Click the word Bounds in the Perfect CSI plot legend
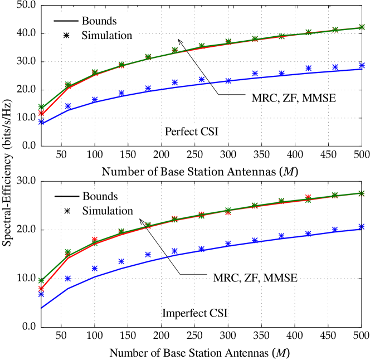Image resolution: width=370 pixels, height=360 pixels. coord(99,21)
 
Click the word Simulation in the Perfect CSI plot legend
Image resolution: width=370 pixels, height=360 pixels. coord(106,36)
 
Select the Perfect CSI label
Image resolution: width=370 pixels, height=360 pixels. coord(192,132)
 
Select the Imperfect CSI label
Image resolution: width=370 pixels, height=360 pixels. coord(195,313)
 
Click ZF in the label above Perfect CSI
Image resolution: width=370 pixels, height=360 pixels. coord(288,99)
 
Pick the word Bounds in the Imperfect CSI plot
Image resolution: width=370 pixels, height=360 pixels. coord(100,197)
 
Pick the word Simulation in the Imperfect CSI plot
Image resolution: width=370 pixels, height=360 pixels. coord(108,211)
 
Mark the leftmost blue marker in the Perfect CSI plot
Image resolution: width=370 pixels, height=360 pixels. coord(41,121)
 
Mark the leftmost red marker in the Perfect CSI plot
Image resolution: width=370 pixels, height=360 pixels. coord(41,113)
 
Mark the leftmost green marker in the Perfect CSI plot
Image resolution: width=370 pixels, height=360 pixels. coord(41,106)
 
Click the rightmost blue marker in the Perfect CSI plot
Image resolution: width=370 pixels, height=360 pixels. coord(362,66)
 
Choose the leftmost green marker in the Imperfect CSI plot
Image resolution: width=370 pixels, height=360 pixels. coord(41,280)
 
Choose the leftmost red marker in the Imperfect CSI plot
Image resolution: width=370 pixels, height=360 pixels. coord(41,289)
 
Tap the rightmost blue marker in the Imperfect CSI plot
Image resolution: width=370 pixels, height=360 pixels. coord(362,226)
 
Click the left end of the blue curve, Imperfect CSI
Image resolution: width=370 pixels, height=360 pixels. coord(41,307)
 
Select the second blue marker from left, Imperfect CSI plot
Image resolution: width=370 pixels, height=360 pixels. coord(68,278)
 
